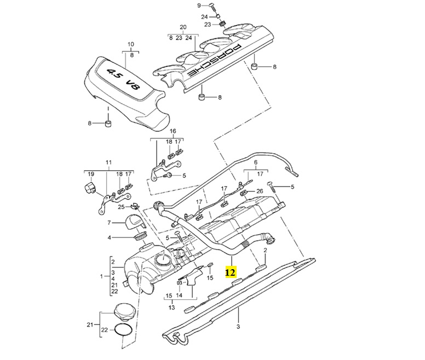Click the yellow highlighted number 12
point(231,272)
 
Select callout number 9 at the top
point(199,5)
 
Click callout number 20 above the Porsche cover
point(183,27)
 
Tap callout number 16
point(173,132)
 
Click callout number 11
point(108,163)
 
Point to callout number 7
point(109,223)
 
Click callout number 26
point(260,190)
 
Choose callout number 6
point(255,163)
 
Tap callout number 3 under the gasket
point(239,327)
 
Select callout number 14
point(179,295)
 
